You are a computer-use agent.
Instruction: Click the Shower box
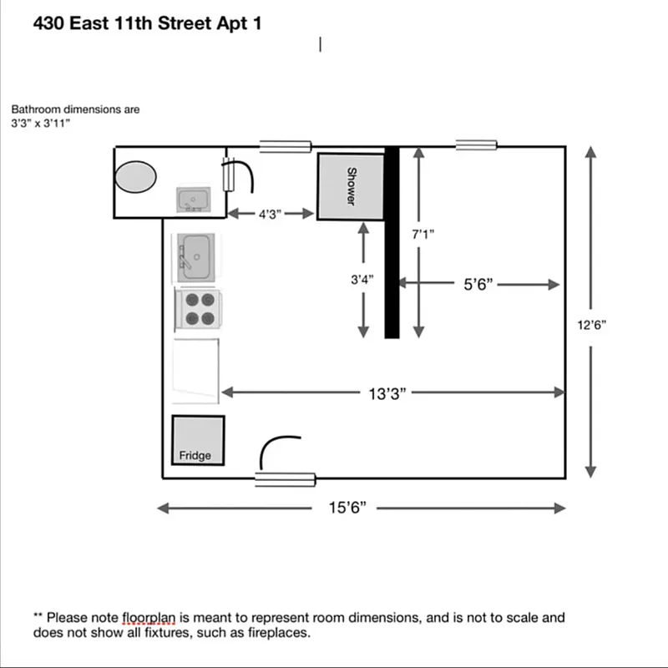pos(351,187)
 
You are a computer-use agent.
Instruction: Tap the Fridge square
pos(198,440)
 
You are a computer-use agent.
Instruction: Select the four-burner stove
pos(198,309)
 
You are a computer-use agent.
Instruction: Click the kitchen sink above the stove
pos(197,256)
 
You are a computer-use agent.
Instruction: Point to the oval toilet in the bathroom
pos(135,177)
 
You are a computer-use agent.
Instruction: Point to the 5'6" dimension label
pos(479,285)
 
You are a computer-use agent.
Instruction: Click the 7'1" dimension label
pos(423,235)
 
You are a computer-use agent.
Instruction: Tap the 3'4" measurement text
pos(362,281)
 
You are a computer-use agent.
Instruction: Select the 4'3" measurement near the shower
pos(269,214)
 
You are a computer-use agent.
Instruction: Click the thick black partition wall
pos(392,242)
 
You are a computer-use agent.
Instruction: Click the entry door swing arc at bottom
pos(278,451)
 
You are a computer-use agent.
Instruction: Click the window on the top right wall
pos(477,146)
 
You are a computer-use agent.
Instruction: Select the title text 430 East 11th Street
pos(147,23)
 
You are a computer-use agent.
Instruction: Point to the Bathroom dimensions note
pos(75,116)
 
